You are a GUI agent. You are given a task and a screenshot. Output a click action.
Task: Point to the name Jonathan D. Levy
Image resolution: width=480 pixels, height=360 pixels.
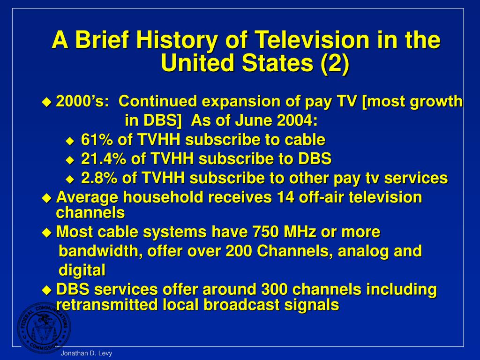tap(86, 354)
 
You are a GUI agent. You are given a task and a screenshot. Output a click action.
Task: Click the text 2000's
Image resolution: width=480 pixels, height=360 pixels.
tap(83, 101)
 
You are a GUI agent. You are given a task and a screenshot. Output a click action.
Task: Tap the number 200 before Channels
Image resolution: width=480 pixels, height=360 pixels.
tap(240, 251)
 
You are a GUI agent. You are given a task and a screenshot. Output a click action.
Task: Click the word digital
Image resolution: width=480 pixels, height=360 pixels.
tap(82, 270)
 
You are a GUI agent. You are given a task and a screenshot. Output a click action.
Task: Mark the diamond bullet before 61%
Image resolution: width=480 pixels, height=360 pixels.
tap(70, 140)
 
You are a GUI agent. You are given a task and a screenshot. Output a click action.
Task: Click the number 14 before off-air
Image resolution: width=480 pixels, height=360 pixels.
tap(284, 197)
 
